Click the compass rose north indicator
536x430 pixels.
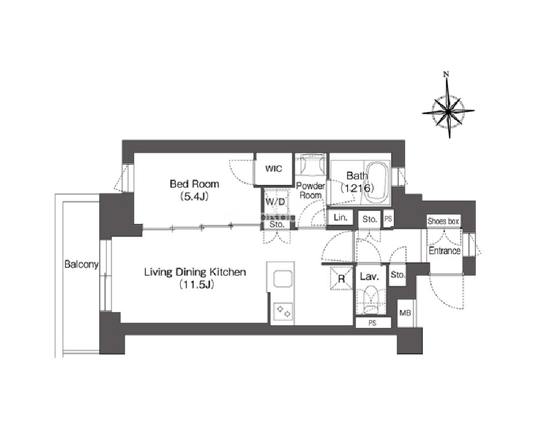pos(446,74)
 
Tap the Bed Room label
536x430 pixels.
pos(194,184)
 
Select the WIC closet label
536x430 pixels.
pos(274,169)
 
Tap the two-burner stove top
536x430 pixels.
pos(283,311)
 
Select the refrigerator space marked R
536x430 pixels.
pos(341,278)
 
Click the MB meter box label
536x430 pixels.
pos(405,312)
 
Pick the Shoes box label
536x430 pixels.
pos(443,221)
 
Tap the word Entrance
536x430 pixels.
pos(444,251)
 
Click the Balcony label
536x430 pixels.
pos(82,264)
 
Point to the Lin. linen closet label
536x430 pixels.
pos(341,217)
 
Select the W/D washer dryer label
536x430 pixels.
pos(275,202)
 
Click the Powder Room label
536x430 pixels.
pos(311,191)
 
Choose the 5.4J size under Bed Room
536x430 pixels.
pos(194,196)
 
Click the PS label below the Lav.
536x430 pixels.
pos(372,323)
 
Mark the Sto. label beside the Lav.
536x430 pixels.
pos(398,275)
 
